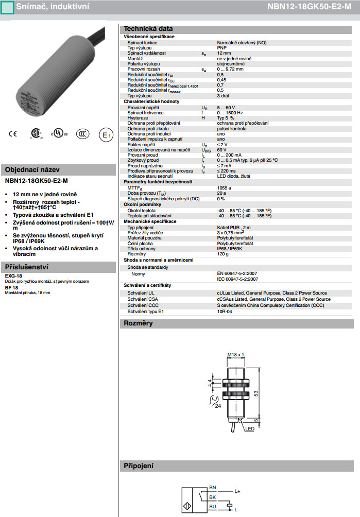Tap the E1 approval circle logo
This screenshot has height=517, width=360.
105,135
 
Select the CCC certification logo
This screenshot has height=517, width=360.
83,134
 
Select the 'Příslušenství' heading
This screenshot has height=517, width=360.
26,267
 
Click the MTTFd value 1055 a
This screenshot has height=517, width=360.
224,188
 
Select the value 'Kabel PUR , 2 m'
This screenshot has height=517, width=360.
234,227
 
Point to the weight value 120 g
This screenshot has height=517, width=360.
222,254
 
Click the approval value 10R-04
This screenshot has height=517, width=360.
225,312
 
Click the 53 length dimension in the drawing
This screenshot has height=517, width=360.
256,394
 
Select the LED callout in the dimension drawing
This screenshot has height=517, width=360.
250,428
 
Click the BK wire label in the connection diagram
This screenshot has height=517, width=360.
212,497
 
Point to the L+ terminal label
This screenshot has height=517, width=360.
237,491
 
